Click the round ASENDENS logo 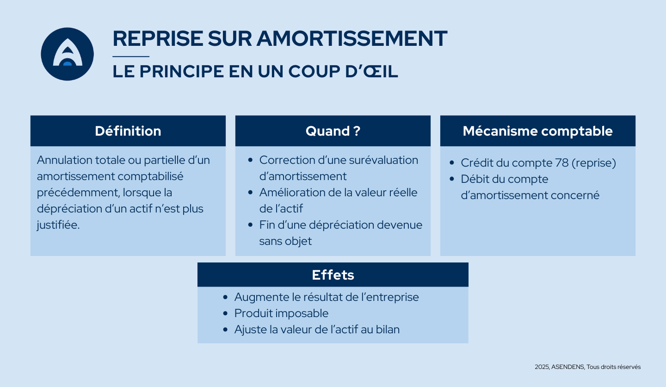coord(68,54)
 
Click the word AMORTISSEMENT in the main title coord(351,38)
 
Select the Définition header coord(128,131)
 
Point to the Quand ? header coord(333,131)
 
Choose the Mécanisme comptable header coord(537,131)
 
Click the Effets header coord(333,275)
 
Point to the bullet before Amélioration coord(250,193)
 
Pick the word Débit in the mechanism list coord(474,180)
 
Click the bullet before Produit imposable coord(225,313)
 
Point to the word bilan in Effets coord(387,330)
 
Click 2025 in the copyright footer coord(541,367)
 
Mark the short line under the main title coord(131,56)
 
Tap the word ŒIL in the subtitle coord(382,71)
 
